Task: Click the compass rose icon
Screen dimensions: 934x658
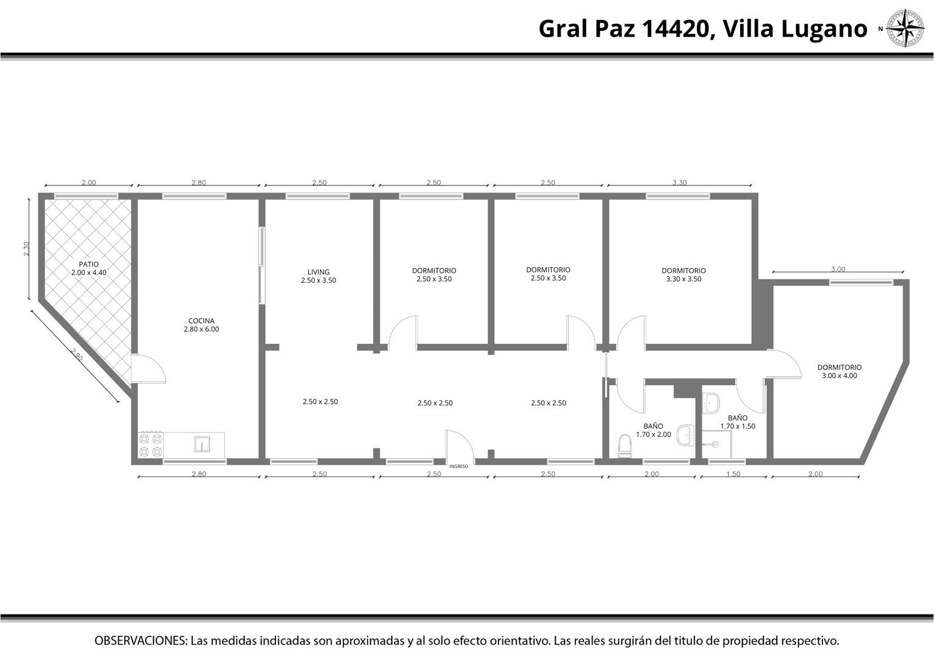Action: click(905, 28)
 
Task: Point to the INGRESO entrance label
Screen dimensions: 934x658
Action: click(458, 466)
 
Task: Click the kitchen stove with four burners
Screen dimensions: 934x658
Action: click(151, 445)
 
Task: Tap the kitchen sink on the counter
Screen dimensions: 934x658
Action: click(202, 444)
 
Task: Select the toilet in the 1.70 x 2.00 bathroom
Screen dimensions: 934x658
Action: click(625, 446)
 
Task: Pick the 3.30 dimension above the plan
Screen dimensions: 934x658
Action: click(680, 182)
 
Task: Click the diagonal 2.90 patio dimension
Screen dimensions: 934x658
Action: click(76, 355)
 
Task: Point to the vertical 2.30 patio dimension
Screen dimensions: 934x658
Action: click(27, 249)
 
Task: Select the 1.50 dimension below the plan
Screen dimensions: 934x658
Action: click(733, 474)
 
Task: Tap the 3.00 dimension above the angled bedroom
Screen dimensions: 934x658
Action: click(838, 269)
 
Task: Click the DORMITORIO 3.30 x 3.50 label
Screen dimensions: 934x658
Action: click(684, 275)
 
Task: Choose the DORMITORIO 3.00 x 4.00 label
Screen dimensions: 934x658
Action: click(840, 371)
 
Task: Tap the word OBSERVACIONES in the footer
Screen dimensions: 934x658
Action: click(141, 640)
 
